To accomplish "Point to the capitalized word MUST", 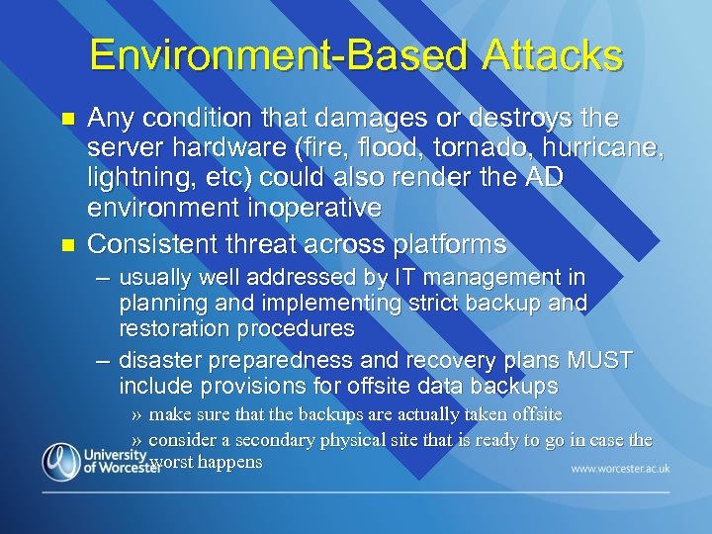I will (x=598, y=361).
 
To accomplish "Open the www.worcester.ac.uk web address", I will (x=620, y=468).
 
